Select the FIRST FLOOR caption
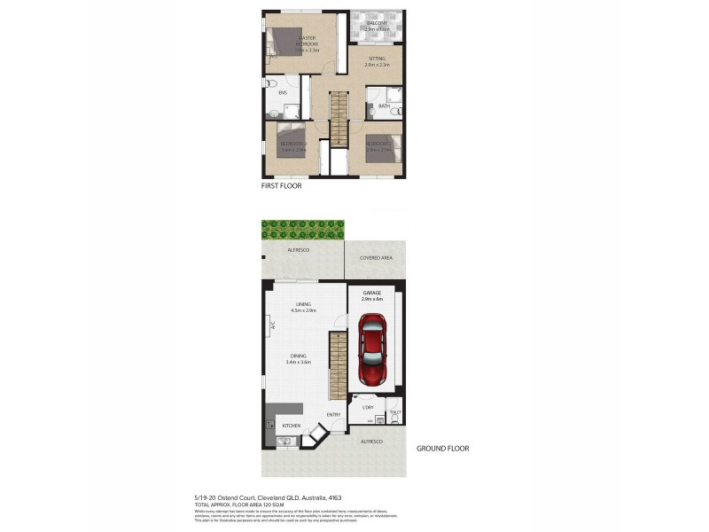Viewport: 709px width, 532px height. coord(281,187)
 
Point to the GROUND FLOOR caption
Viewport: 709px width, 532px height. coord(442,449)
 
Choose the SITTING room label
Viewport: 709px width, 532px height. coord(377,59)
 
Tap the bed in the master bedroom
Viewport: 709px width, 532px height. coord(285,42)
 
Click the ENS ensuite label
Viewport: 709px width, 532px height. coord(282,92)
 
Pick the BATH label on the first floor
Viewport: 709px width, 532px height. coord(384,106)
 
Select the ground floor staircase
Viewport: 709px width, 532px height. coord(336,365)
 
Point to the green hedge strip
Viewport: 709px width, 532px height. coord(301,231)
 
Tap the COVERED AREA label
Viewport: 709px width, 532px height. coord(376,258)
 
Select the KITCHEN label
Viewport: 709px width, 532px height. coord(292,426)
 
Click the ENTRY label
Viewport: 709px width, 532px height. coord(333,415)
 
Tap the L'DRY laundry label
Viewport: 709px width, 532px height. coord(368,408)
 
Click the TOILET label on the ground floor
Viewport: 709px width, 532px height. coord(394,412)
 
